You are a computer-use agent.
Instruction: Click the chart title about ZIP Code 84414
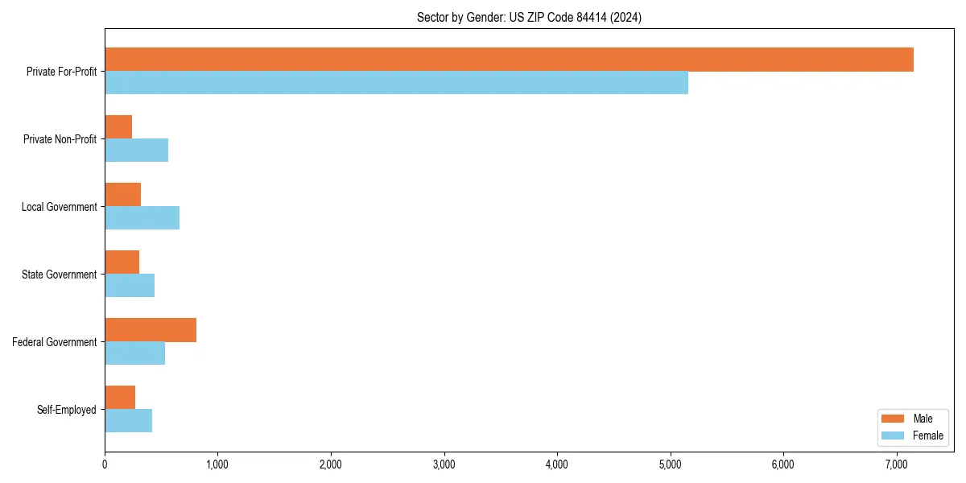(529, 17)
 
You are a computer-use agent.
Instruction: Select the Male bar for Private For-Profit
(509, 60)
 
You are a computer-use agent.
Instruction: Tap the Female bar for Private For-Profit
(396, 83)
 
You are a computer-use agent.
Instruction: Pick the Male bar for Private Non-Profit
(118, 127)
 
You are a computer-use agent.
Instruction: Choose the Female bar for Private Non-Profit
(136, 151)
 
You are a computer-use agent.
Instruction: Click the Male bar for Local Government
(122, 195)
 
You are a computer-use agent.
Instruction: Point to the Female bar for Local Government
(142, 218)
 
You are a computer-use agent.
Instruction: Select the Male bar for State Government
(122, 262)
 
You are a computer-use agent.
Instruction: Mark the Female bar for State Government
(130, 286)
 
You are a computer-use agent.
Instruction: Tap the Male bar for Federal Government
(151, 330)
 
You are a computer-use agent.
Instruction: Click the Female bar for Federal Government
(134, 353)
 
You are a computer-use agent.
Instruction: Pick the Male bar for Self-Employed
(120, 398)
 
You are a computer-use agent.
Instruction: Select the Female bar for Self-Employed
(128, 421)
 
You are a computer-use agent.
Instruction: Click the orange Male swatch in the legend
(893, 419)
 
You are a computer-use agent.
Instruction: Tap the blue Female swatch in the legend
(893, 436)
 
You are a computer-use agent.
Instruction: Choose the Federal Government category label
(55, 342)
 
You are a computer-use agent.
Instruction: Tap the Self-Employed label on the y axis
(67, 410)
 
